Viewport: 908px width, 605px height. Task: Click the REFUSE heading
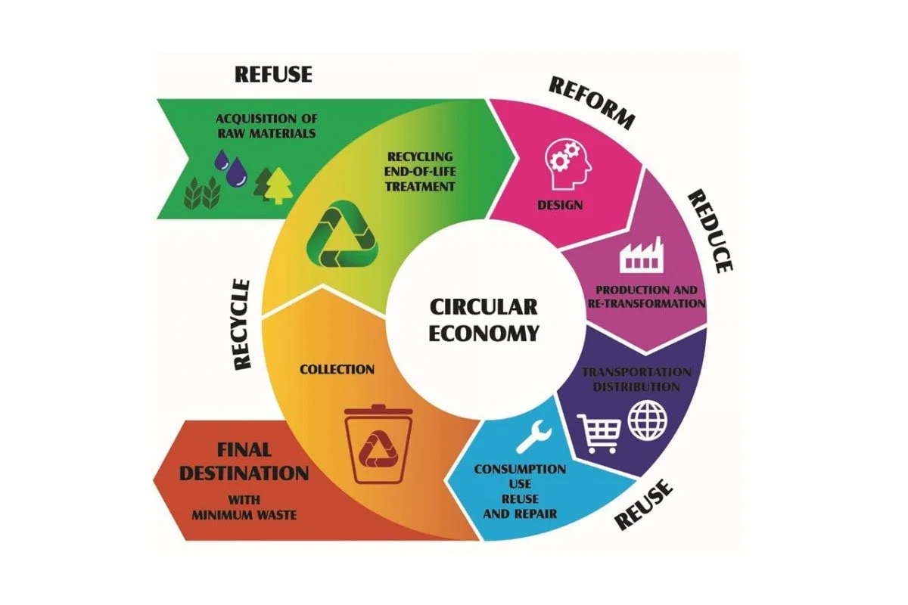273,74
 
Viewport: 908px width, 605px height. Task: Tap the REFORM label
591,102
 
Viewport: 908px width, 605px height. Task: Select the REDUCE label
711,231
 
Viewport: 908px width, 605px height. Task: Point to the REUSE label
643,504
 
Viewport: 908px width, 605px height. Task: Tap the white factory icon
640,255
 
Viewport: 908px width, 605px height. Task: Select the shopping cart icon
599,432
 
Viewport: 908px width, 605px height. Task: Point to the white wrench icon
534,438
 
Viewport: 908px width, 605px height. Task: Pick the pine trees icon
273,185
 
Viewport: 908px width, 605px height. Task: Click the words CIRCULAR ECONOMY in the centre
484,319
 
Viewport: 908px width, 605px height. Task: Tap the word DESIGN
559,204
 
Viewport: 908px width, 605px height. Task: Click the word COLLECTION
337,370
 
